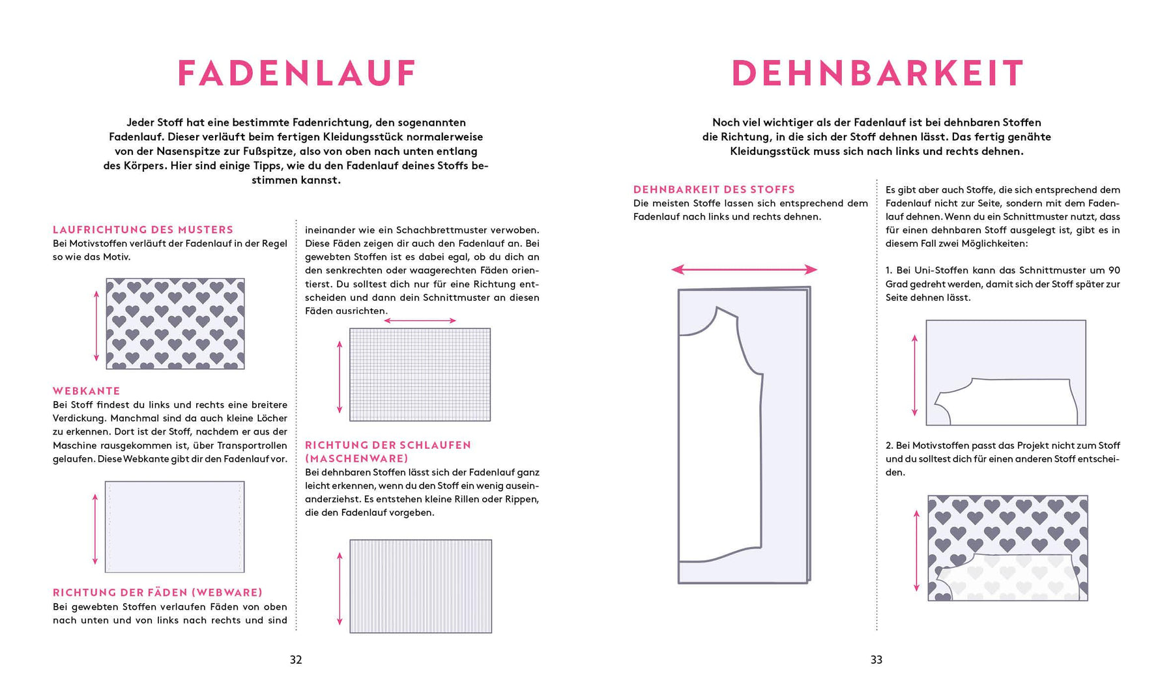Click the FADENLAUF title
297,73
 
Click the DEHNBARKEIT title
877,73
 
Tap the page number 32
296,660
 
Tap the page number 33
876,660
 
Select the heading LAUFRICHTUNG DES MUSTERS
143,230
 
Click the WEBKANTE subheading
87,391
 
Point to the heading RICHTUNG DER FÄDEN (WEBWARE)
158,593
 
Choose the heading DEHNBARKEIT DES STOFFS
714,190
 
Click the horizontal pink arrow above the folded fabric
744,270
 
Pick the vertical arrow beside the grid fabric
340,376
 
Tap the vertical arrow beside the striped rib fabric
340,588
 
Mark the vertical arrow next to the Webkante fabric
95,529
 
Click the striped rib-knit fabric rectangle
421,586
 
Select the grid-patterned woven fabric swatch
420,374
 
